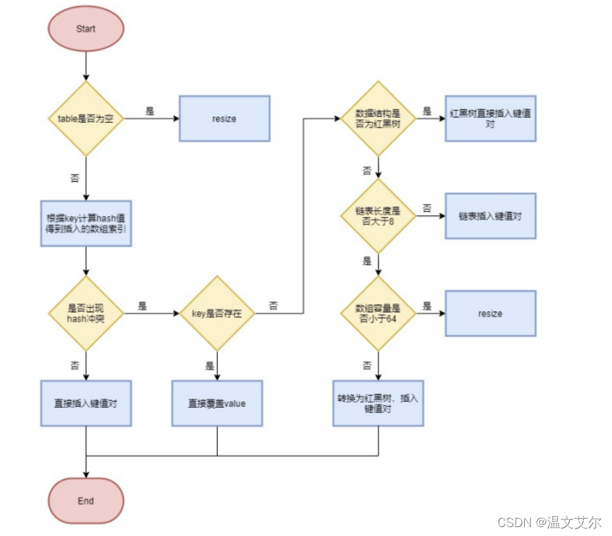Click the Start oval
pyautogui.click(x=86, y=30)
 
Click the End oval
pyautogui.click(x=86, y=501)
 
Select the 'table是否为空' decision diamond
pyautogui.click(x=86, y=119)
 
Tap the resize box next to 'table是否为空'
pyautogui.click(x=224, y=119)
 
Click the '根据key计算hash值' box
pyautogui.click(x=86, y=224)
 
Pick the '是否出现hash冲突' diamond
pyautogui.click(x=86, y=314)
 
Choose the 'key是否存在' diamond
pyautogui.click(x=217, y=314)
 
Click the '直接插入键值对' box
pyautogui.click(x=86, y=404)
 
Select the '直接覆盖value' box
pyautogui.click(x=217, y=404)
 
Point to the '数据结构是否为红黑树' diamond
pyautogui.click(x=378, y=118)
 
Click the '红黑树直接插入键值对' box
pyautogui.click(x=490, y=118)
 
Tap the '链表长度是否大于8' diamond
pyautogui.click(x=378, y=216)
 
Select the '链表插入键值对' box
pyautogui.click(x=490, y=216)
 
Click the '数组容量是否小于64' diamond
pyautogui.click(x=378, y=314)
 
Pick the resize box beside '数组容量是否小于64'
pyautogui.click(x=490, y=314)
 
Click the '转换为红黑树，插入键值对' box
pyautogui.click(x=378, y=403)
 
